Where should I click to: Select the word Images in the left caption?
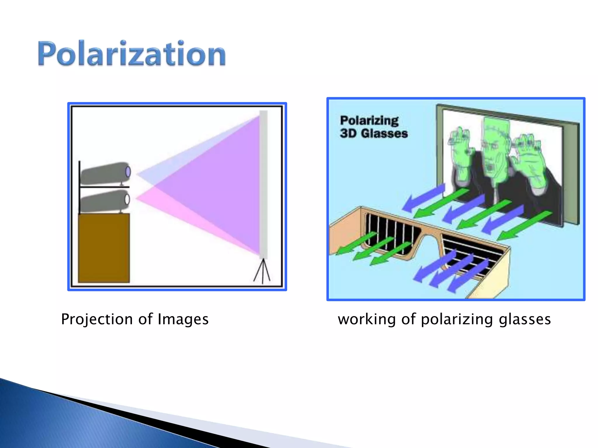pos(183,319)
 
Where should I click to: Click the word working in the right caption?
pos(367,319)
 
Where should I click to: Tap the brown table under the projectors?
pos(104,248)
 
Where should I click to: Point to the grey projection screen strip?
pos(263,184)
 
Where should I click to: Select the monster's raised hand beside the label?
pos(461,155)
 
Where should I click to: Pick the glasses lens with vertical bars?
pos(388,233)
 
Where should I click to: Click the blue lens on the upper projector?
pos(128,171)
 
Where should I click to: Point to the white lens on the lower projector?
pos(127,199)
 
